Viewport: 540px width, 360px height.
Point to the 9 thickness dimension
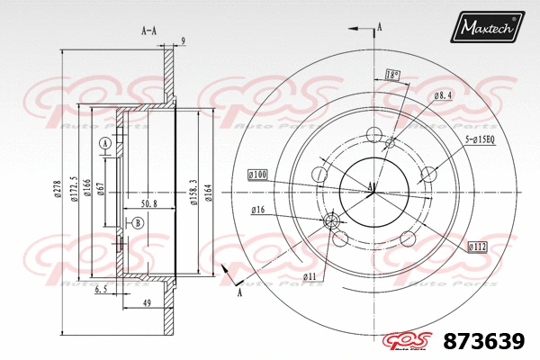click(183, 40)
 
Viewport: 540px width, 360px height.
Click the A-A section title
click(149, 29)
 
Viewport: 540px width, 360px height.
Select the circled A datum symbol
click(105, 144)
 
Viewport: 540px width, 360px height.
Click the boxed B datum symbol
click(138, 222)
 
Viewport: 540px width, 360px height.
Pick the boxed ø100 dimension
click(258, 173)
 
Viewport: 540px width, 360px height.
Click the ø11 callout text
click(309, 275)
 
